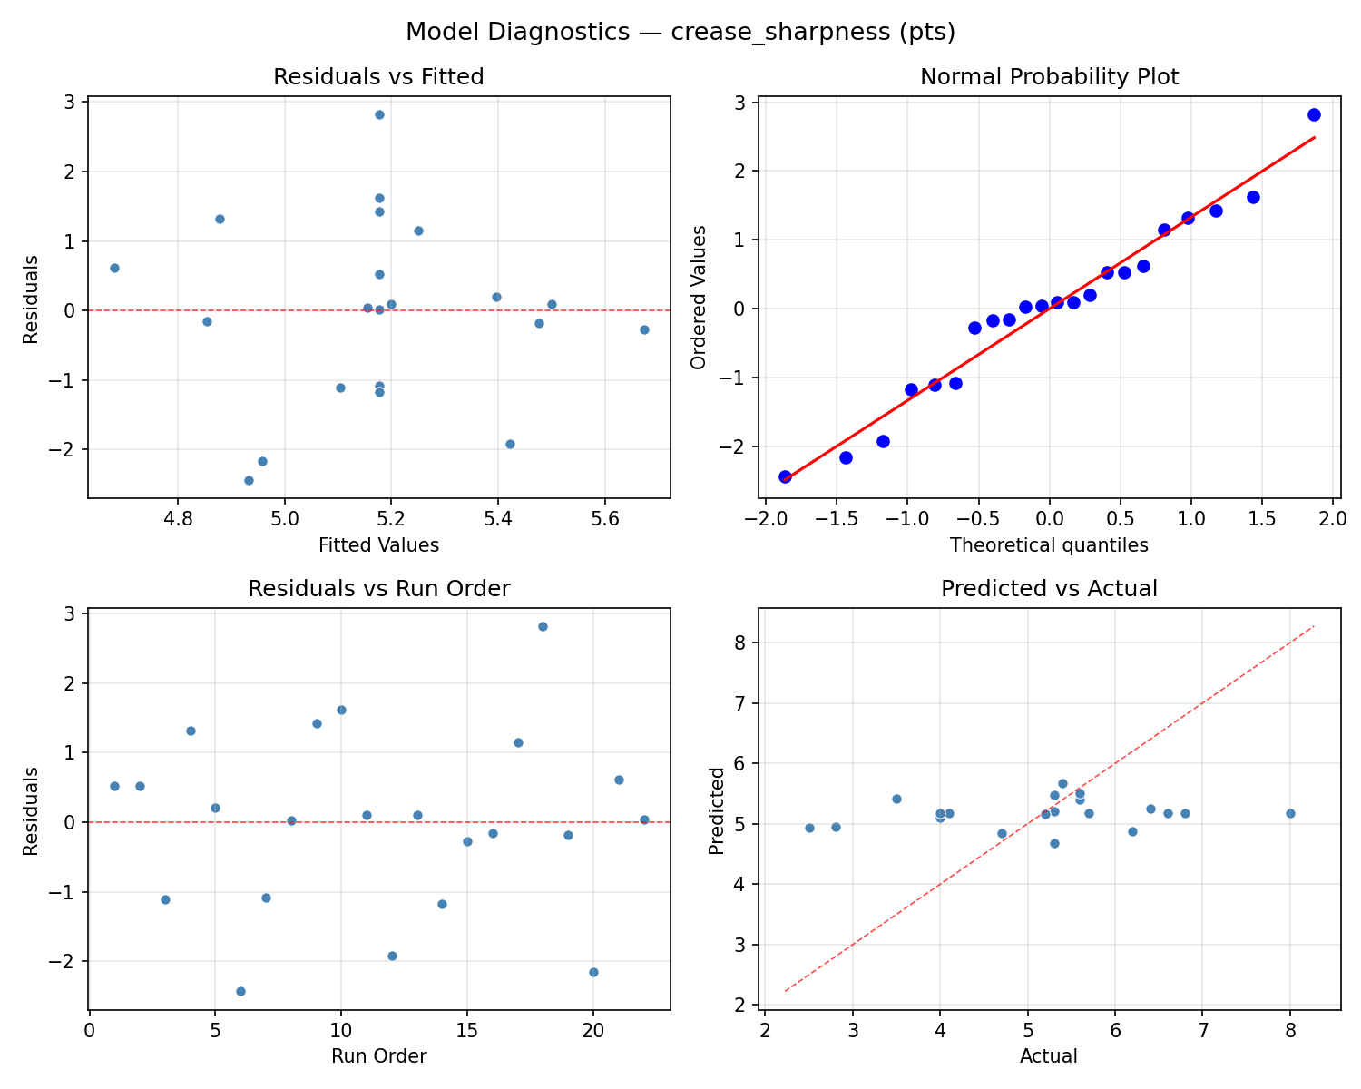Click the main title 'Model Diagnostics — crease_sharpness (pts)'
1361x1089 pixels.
pos(680,32)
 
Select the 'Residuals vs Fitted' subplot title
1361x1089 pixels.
pos(378,77)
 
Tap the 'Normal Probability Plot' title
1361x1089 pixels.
pos(1049,77)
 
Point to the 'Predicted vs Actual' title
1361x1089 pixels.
pos(1049,589)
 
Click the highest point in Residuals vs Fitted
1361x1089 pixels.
pos(379,114)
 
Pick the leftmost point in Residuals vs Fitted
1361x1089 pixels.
pos(114,268)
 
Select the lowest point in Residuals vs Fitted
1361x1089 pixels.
pos(249,480)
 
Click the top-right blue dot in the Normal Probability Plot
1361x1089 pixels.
pos(1314,114)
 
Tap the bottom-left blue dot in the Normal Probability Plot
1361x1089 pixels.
pos(785,476)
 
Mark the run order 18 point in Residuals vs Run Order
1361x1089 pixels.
pos(543,626)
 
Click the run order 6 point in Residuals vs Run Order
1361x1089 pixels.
pos(240,991)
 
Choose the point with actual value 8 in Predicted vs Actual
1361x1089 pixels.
pos(1290,813)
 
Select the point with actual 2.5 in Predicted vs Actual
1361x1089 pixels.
pos(809,828)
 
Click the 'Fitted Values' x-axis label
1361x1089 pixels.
pos(378,545)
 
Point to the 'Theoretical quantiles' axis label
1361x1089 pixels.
pos(1049,545)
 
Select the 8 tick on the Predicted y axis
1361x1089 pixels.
pos(741,643)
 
